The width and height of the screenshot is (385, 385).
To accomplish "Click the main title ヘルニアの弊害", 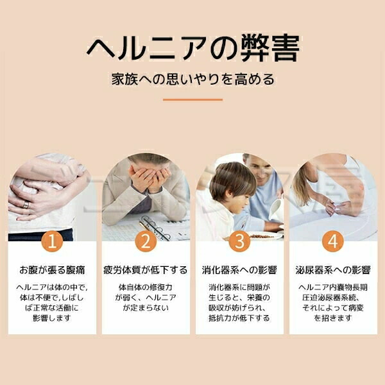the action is pos(193,48).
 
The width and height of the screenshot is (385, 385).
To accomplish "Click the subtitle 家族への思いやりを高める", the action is pos(193,80).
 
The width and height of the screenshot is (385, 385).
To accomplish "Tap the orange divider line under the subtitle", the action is pos(193,99).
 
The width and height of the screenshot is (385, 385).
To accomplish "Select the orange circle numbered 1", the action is pos(52,241).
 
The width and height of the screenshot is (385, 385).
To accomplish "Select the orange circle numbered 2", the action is pos(146,241).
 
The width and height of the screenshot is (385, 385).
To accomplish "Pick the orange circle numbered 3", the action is pos(239,241).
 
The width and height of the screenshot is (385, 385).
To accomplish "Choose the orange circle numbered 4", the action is pos(333,241).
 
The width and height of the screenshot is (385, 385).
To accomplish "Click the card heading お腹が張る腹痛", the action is pos(52,270).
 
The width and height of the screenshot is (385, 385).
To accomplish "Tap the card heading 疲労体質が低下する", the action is pos(146,270).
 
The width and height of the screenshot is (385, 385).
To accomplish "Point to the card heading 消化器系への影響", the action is pos(239,270).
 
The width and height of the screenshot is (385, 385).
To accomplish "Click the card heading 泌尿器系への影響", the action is pos(333,270).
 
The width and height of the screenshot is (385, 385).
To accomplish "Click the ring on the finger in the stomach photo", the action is pos(26,205).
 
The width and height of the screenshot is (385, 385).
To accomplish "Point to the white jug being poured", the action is pos(275,209).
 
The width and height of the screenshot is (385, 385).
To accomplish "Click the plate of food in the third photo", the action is pos(262,236).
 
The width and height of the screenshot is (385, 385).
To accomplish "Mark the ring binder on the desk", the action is pos(153,227).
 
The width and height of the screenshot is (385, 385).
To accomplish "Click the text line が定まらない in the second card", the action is pos(146,307).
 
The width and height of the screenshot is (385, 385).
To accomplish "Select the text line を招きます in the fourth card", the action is pos(333,318).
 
